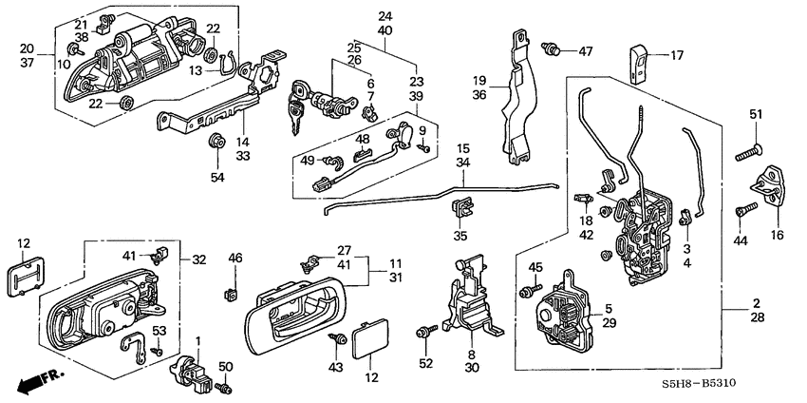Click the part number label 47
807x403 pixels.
586,50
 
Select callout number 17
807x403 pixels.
676,55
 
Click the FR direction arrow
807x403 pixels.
38,382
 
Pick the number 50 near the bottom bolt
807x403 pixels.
225,366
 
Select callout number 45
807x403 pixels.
535,267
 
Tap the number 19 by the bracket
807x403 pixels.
481,83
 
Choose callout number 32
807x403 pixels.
199,259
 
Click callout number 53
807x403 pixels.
159,330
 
